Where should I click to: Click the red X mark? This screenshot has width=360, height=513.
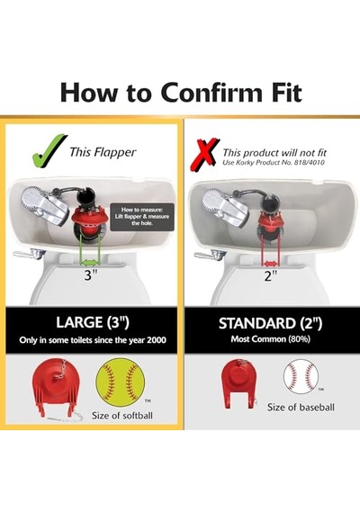click(205, 155)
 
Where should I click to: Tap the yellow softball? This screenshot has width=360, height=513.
click(120, 382)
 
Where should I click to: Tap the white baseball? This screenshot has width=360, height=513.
click(301, 376)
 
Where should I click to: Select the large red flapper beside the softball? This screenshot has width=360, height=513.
click(58, 386)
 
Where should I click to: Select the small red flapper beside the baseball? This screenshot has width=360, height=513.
click(239, 382)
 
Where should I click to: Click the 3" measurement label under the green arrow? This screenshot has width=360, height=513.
click(89, 275)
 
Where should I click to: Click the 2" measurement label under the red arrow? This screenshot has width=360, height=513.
click(270, 276)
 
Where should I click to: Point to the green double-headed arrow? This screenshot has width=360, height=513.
click(90, 262)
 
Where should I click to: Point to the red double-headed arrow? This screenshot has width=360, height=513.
click(270, 264)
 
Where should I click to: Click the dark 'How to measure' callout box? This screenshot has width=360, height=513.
click(141, 217)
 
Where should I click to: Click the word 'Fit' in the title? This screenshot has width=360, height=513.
click(283, 93)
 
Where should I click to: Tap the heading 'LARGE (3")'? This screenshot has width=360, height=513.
click(93, 322)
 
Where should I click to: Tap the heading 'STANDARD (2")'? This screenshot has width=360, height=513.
click(270, 323)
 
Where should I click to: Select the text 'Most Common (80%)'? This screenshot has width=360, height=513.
click(270, 339)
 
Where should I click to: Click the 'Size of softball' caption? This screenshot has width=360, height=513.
click(122, 416)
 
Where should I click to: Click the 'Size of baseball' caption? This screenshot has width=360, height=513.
click(301, 408)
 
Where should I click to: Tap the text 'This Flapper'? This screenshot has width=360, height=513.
click(103, 152)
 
